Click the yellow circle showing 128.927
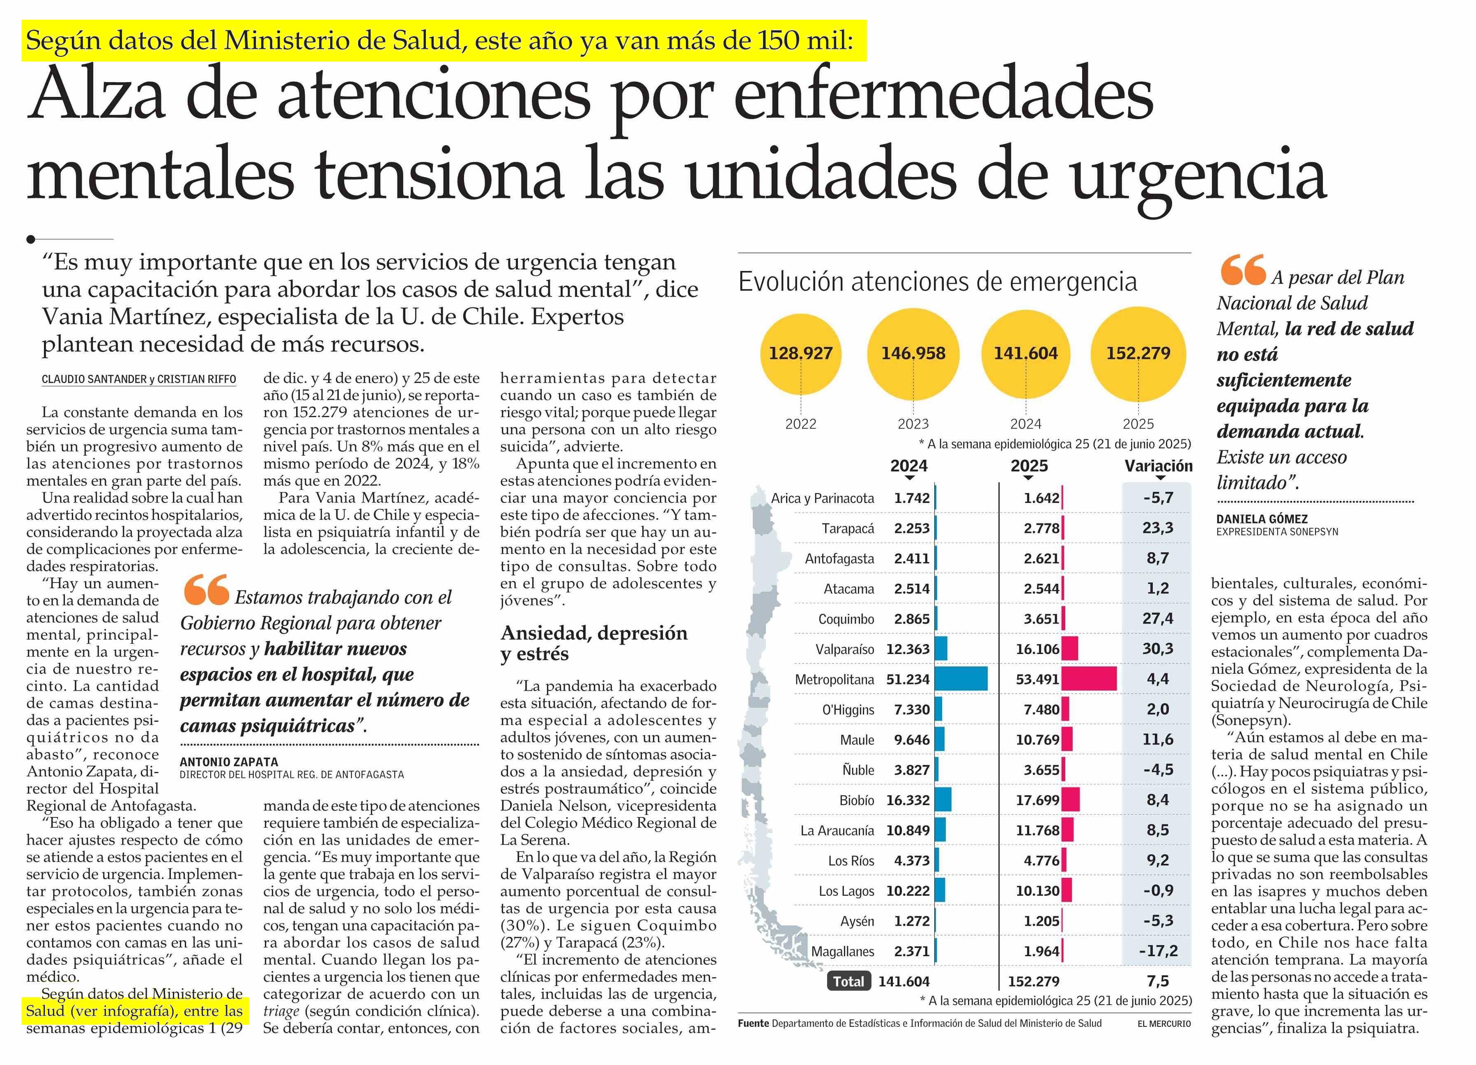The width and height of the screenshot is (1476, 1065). click(800, 353)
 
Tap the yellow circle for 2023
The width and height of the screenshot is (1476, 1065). click(913, 353)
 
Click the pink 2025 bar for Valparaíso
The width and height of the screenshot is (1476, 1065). click(1070, 649)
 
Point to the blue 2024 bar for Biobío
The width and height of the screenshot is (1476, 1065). click(943, 799)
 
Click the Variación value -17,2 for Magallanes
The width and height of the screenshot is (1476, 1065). click(1158, 950)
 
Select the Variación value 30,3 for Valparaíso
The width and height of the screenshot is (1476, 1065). click(1158, 649)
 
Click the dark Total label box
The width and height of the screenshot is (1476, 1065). click(848, 981)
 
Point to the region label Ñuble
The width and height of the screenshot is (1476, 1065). click(858, 770)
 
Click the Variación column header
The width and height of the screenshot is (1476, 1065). click(1159, 466)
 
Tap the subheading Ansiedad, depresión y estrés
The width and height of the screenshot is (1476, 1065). click(593, 643)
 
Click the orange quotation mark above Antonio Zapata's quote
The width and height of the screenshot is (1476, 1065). click(206, 590)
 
